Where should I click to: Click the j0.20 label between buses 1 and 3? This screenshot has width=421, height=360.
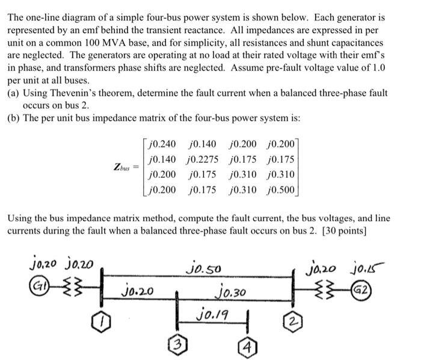(138, 293)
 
